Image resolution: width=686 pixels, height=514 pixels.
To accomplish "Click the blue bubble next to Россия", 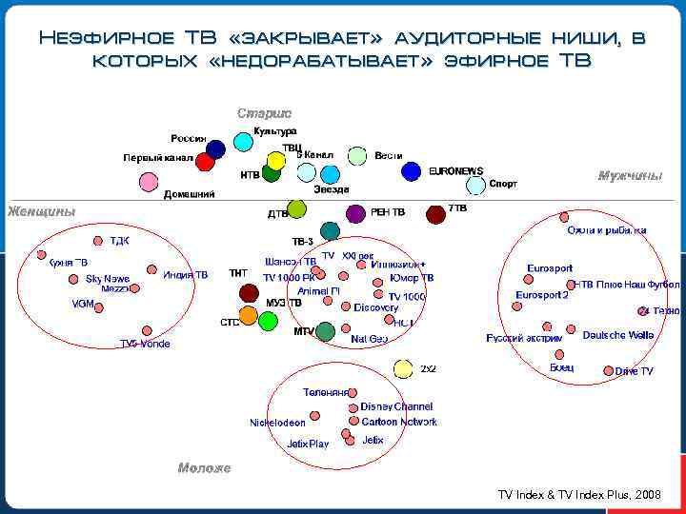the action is tap(216, 148).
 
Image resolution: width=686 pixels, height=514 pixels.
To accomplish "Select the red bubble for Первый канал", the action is tap(205, 161).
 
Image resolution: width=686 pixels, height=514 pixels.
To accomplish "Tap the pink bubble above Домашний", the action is tap(148, 181).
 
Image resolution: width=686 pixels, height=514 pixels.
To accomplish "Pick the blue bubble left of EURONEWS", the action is tap(411, 171).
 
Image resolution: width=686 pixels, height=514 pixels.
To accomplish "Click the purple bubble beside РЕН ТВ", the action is tap(355, 213).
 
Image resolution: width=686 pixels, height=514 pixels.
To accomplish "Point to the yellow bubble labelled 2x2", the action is tap(405, 368).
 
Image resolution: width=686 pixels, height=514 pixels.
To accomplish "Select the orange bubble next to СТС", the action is tap(248, 314).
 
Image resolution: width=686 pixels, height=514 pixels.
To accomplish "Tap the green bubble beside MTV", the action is tap(326, 331).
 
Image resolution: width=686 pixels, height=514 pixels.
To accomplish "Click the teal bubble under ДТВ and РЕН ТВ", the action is tap(330, 229).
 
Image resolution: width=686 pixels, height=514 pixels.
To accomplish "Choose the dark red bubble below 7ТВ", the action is tap(436, 214).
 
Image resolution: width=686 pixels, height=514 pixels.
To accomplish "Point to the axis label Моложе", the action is tap(204, 468).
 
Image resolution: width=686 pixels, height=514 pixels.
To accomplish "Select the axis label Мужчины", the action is tap(630, 175).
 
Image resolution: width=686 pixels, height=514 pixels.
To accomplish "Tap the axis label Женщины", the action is tap(42, 211).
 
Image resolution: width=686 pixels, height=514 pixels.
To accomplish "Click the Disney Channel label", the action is tap(396, 406).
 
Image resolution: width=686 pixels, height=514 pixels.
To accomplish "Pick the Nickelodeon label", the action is tap(278, 422).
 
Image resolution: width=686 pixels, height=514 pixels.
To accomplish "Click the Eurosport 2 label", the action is tap(542, 295).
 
